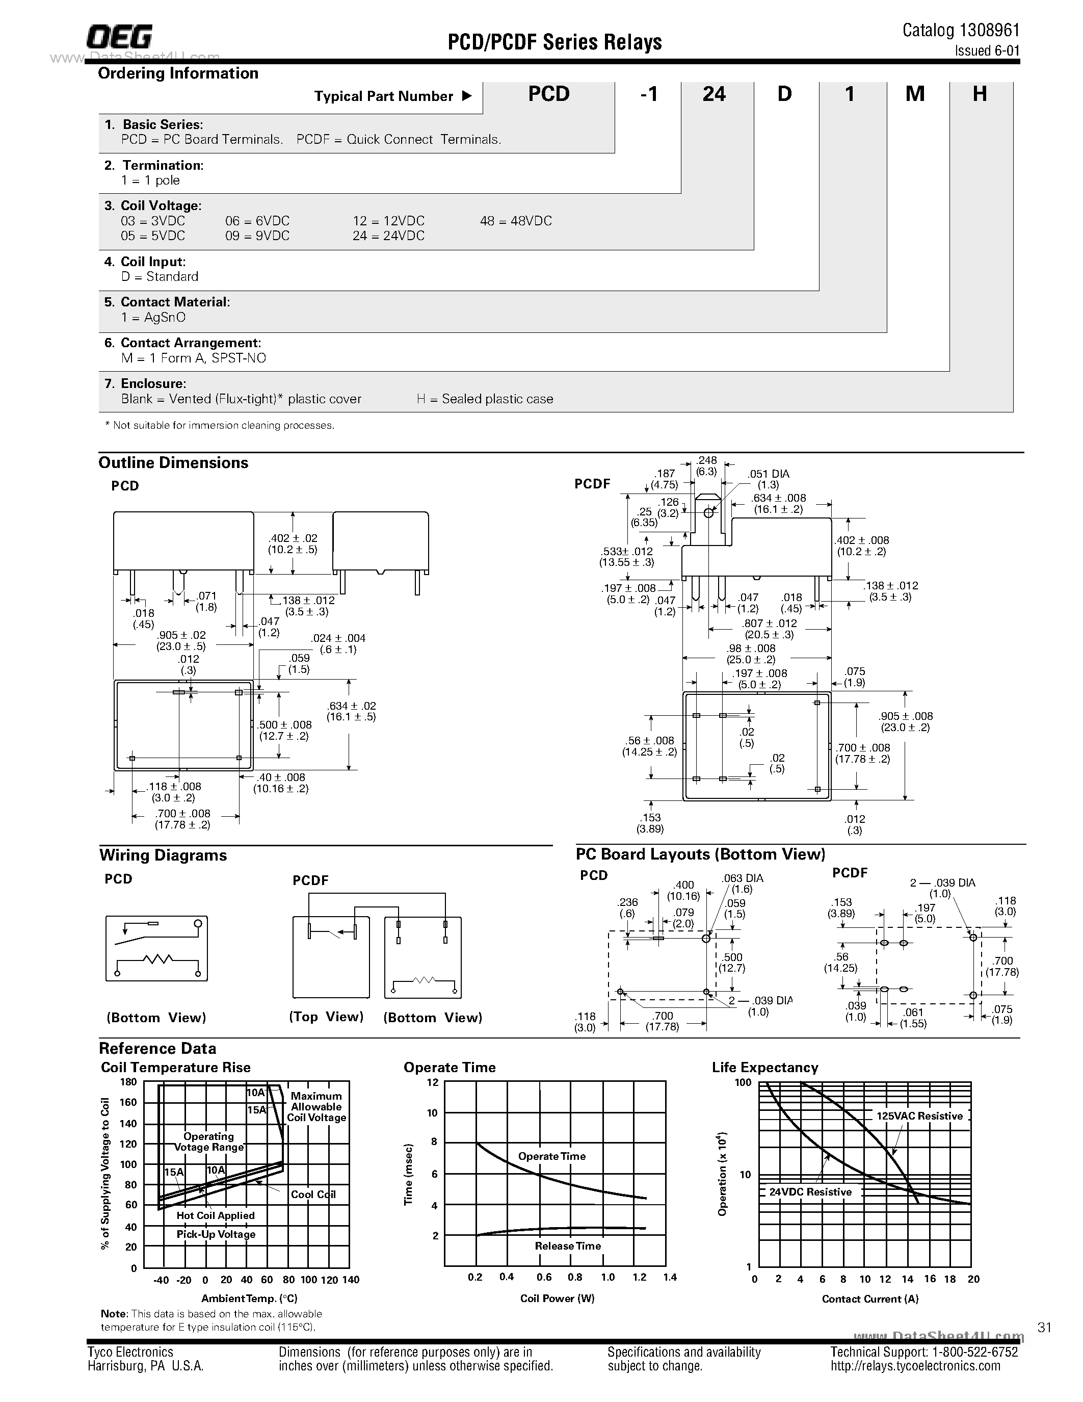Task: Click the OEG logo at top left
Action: pyautogui.click(x=119, y=37)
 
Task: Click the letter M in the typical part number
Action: pyautogui.click(x=914, y=94)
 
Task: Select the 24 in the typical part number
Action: pyautogui.click(x=714, y=94)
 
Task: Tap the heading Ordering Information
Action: pyautogui.click(x=178, y=73)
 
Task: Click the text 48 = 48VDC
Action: pyautogui.click(x=515, y=221)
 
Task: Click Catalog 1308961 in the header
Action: pyautogui.click(x=961, y=30)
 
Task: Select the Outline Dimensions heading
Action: pyautogui.click(x=173, y=463)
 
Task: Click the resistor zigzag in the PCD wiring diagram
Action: pyautogui.click(x=157, y=959)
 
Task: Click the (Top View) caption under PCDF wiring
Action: pyautogui.click(x=326, y=1017)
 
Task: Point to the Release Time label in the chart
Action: pyautogui.click(x=567, y=1246)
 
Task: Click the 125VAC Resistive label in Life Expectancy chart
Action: pyautogui.click(x=919, y=1117)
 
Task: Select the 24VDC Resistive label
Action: pyautogui.click(x=810, y=1192)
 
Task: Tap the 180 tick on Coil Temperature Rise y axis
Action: pyautogui.click(x=128, y=1082)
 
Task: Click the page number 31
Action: pyautogui.click(x=1044, y=1328)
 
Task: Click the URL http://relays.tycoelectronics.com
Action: pyautogui.click(x=915, y=1366)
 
